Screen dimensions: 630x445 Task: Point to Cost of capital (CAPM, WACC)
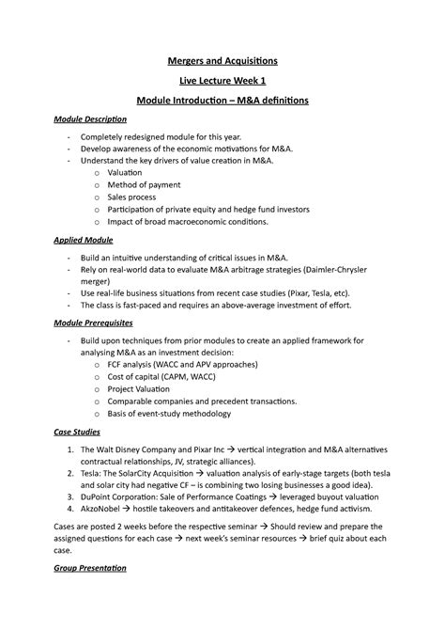pos(177,374)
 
